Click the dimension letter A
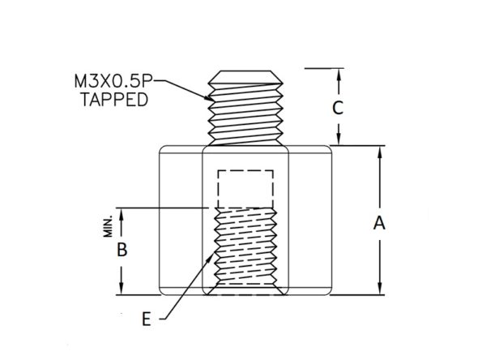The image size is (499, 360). tap(379, 223)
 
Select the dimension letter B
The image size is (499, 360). tap(122, 250)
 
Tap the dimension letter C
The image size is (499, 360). tap(338, 108)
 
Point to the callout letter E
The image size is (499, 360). tap(146, 319)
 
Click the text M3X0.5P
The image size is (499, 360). tap(113, 81)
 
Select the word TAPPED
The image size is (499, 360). tap(114, 100)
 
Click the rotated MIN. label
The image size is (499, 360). tap(109, 226)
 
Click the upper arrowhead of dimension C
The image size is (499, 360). tap(339, 74)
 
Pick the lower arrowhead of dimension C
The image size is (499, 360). tap(339, 139)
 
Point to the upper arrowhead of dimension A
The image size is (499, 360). tap(379, 152)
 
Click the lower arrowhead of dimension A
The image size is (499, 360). tap(379, 289)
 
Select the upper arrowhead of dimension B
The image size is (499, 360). tap(122, 214)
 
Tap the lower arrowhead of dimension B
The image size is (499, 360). tap(122, 289)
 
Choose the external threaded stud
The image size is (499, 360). tap(245, 108)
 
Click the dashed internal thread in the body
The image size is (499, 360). tap(245, 246)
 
